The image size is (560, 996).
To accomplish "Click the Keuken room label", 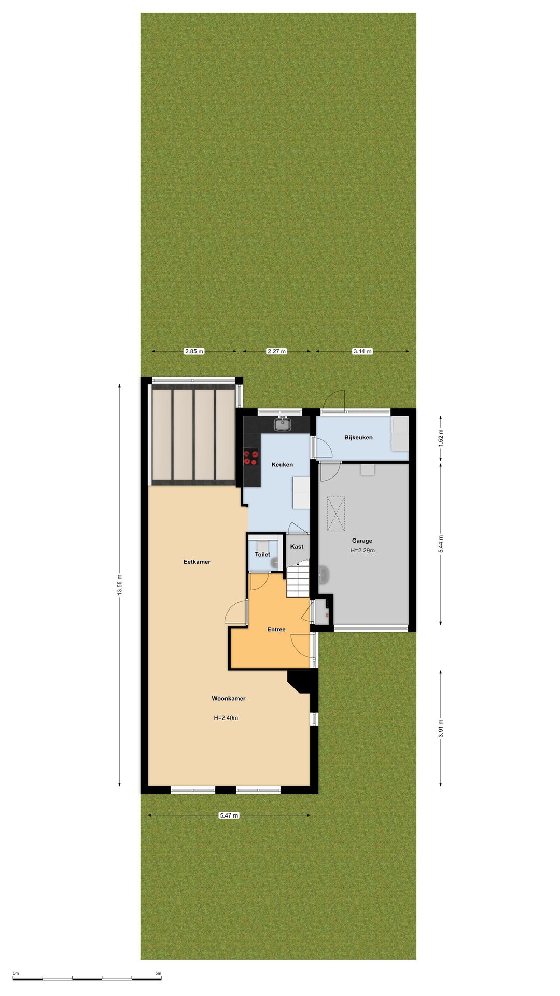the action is click(x=282, y=465).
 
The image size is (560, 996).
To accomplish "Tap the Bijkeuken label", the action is click(x=358, y=438).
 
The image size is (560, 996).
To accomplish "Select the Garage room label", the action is click(x=362, y=541).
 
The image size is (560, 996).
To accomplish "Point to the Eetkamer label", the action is click(x=197, y=562).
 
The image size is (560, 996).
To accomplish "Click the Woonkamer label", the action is click(x=229, y=699).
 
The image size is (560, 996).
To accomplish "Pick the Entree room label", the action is click(x=276, y=630).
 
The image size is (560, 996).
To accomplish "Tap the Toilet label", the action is click(x=262, y=555).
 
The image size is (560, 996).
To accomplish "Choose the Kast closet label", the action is click(x=297, y=547).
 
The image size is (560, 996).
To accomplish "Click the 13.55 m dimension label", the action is click(x=119, y=586).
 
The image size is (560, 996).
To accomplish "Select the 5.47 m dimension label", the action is click(x=229, y=815).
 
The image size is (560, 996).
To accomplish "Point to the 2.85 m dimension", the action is click(x=194, y=351).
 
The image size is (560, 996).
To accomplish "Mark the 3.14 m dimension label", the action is click(x=362, y=351).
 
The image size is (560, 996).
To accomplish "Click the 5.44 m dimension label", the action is click(x=441, y=544).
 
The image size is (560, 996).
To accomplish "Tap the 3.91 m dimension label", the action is click(x=441, y=728).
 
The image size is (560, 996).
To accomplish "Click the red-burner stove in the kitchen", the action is click(x=251, y=457).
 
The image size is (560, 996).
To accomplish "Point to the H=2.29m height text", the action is click(x=362, y=551).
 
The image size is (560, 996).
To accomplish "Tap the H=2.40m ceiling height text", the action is click(x=226, y=718).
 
